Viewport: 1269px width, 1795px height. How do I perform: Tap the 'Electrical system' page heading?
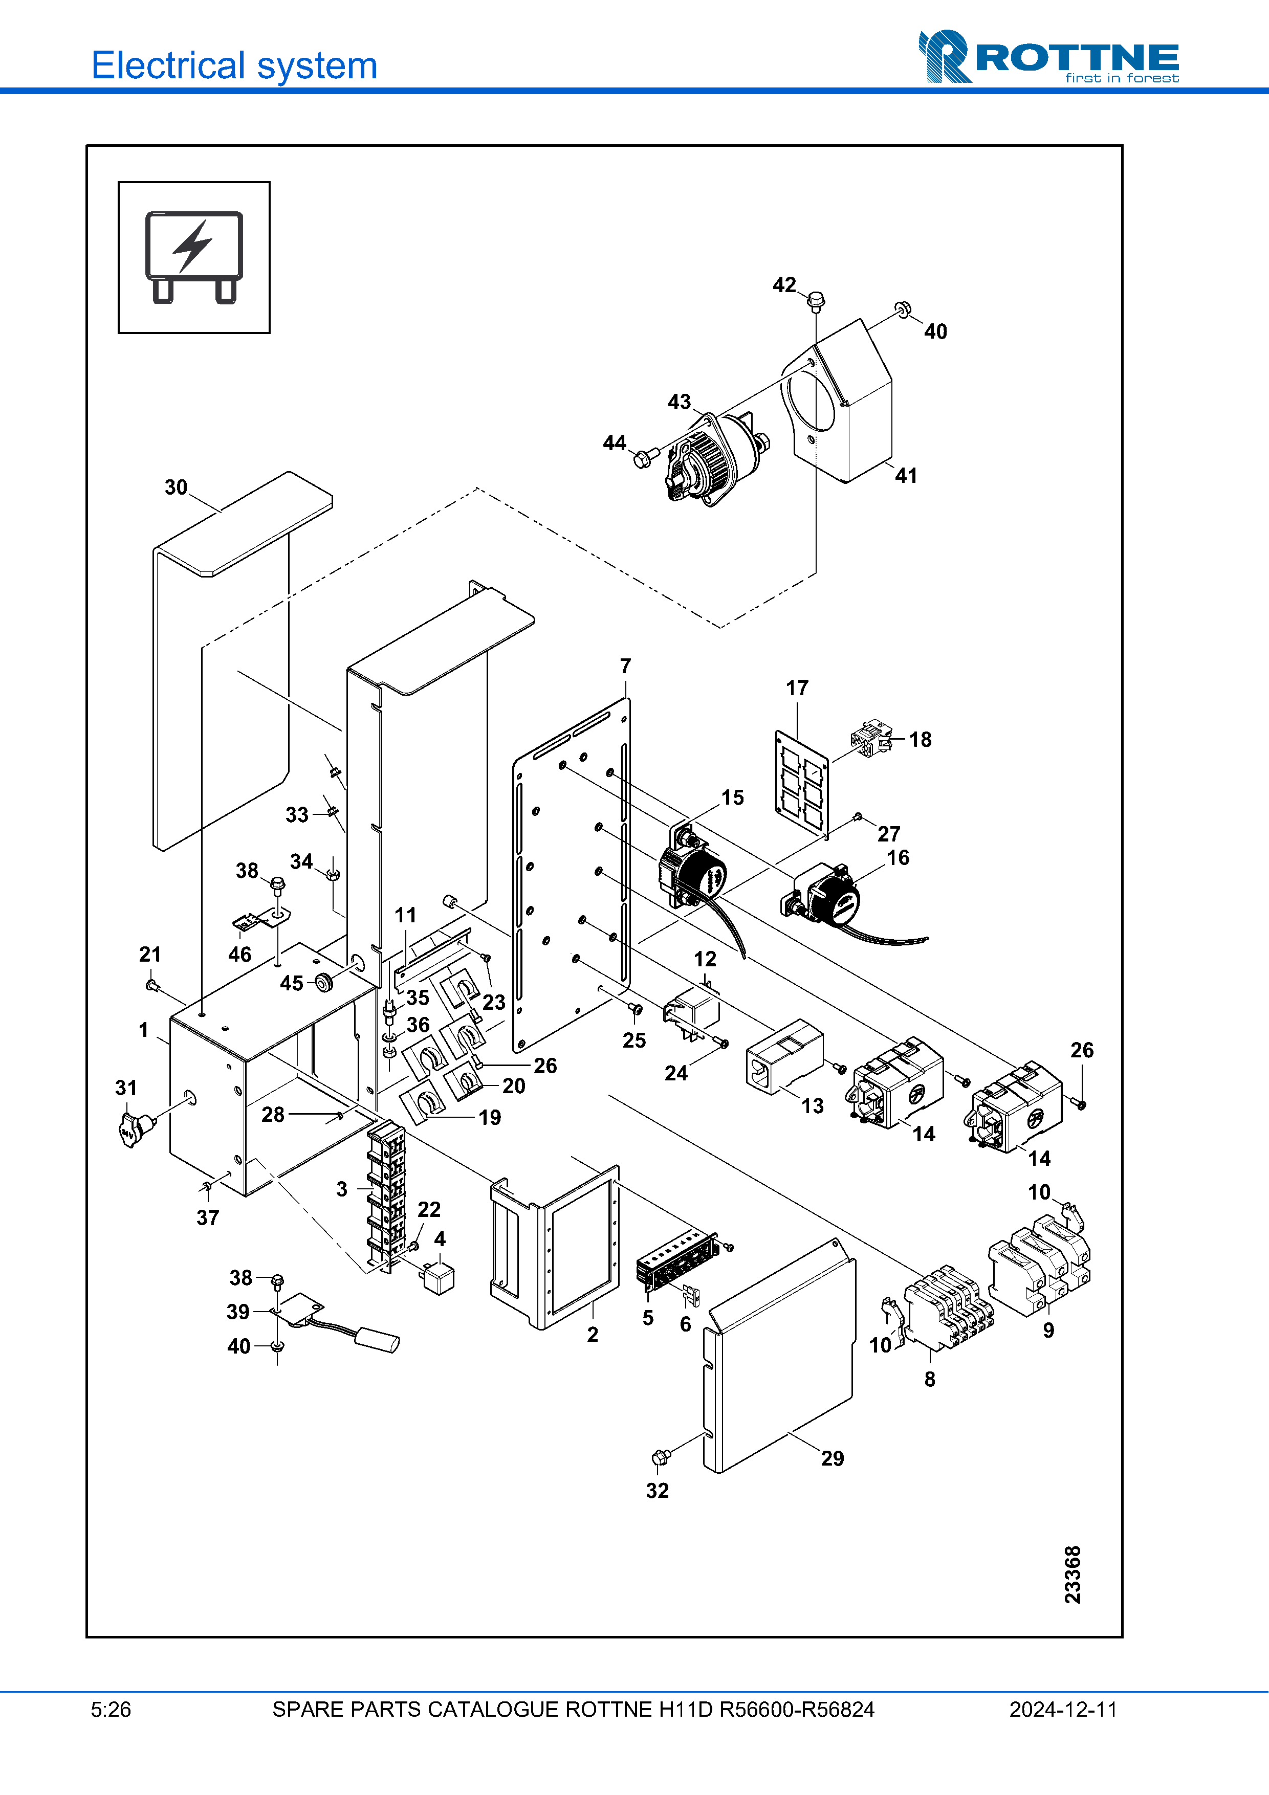pyautogui.click(x=234, y=65)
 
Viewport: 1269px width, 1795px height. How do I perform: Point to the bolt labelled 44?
pyautogui.click(x=643, y=459)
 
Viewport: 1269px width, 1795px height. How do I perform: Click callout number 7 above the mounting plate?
pyautogui.click(x=625, y=666)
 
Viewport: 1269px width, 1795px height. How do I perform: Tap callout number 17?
pyautogui.click(x=797, y=688)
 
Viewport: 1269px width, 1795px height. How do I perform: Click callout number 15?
pyautogui.click(x=732, y=797)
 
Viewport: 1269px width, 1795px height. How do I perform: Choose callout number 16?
pyautogui.click(x=898, y=858)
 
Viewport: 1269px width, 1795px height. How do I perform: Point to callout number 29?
pyautogui.click(x=832, y=1458)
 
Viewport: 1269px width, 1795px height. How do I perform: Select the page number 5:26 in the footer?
pyautogui.click(x=111, y=1710)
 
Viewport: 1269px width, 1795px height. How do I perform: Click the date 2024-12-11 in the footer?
pyautogui.click(x=1063, y=1710)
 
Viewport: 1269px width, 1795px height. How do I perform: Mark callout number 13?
pyautogui.click(x=813, y=1105)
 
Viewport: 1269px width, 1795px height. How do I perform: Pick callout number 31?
pyautogui.click(x=126, y=1088)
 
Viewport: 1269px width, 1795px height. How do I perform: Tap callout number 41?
pyautogui.click(x=905, y=475)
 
